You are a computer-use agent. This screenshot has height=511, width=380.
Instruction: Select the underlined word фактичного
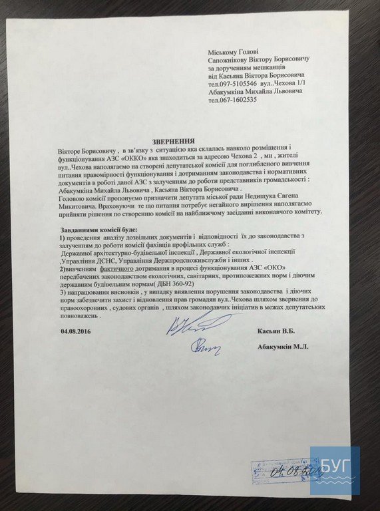tap(122, 269)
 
